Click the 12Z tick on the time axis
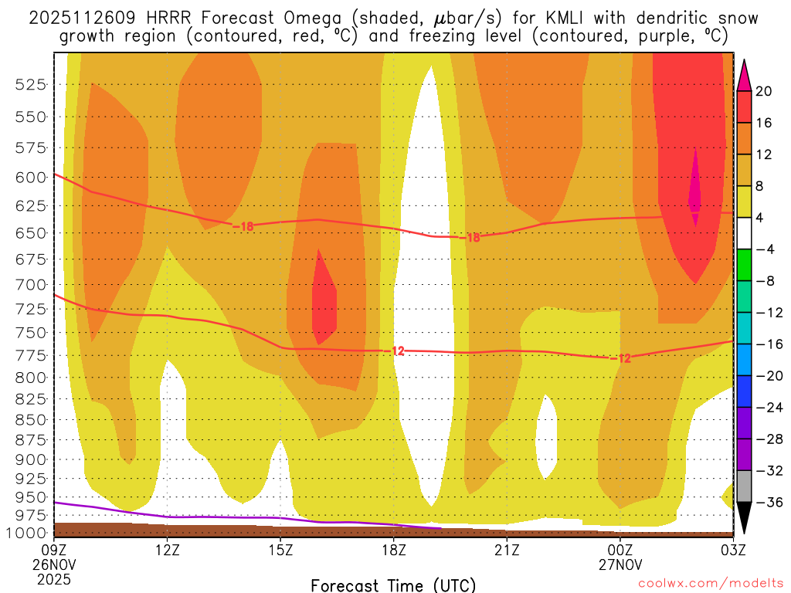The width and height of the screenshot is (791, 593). click(x=168, y=550)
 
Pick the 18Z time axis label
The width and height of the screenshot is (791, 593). click(x=393, y=550)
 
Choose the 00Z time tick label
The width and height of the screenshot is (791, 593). click(x=620, y=550)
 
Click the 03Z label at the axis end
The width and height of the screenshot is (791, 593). click(x=732, y=550)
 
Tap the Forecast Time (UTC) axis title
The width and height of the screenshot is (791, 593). click(x=393, y=585)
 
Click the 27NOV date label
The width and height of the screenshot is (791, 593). click(x=620, y=564)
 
